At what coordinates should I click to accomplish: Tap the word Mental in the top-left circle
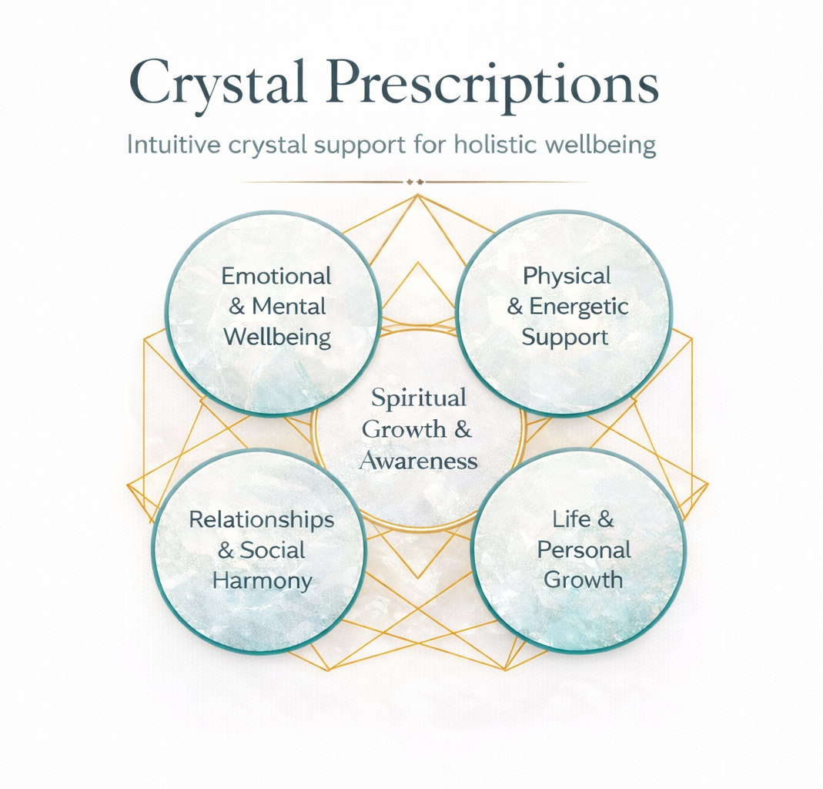(289, 306)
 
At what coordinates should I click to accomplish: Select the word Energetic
(578, 306)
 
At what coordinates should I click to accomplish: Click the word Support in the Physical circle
(565, 337)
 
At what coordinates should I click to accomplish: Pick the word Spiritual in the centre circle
(419, 398)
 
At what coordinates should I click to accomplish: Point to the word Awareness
(419, 461)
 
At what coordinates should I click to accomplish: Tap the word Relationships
(262, 519)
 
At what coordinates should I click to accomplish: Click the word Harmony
(262, 580)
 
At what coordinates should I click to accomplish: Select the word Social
(273, 550)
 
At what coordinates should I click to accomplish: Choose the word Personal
(584, 549)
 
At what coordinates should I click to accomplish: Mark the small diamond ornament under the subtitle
(416, 182)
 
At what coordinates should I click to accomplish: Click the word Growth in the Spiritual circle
(403, 429)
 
